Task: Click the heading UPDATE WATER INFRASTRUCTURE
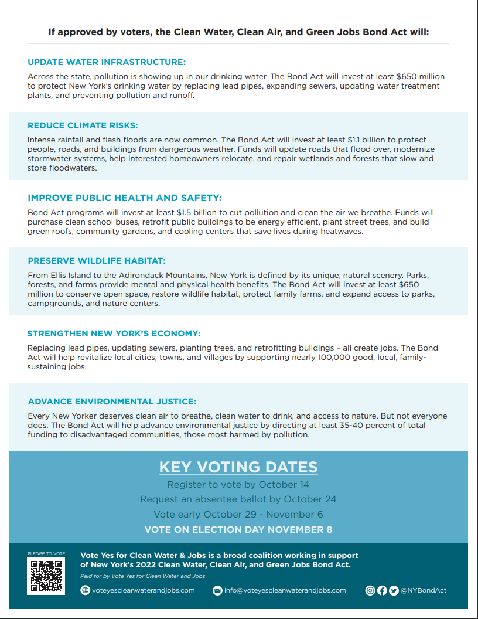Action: pyautogui.click(x=107, y=62)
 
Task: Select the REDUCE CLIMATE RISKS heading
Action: pyautogui.click(x=83, y=125)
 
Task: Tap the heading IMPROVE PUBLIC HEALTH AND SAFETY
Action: pyautogui.click(x=125, y=198)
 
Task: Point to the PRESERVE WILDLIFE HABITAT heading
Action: pyautogui.click(x=97, y=261)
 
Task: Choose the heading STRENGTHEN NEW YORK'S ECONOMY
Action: pyautogui.click(x=114, y=334)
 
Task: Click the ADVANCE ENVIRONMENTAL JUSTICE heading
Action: pyautogui.click(x=112, y=402)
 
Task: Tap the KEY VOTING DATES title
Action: pyautogui.click(x=238, y=467)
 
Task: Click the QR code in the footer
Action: pyautogui.click(x=46, y=576)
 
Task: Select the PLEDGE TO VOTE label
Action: pyautogui.click(x=46, y=553)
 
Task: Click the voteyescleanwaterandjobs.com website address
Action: pyautogui.click(x=143, y=590)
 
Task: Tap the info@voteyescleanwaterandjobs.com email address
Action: pyautogui.click(x=285, y=590)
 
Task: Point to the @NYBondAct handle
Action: pyautogui.click(x=424, y=590)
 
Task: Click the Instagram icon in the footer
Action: pyautogui.click(x=370, y=590)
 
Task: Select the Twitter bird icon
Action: pyautogui.click(x=394, y=590)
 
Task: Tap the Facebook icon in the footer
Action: pyautogui.click(x=382, y=590)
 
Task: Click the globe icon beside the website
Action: pyautogui.click(x=85, y=590)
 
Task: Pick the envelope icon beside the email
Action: pyautogui.click(x=217, y=590)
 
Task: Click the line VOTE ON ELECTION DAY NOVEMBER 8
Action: pyautogui.click(x=238, y=529)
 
